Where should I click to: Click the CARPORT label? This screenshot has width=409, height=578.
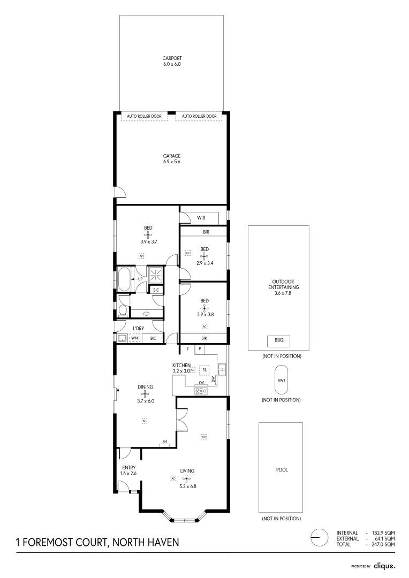point(172,58)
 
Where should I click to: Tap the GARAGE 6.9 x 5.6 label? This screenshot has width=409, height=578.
point(172,158)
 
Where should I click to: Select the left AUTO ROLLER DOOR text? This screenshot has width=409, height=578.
point(144,116)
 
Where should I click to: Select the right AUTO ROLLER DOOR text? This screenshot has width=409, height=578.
point(199,116)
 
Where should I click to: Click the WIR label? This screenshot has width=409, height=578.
point(201,218)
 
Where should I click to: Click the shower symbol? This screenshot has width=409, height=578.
point(156,274)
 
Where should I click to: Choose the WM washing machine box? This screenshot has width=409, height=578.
point(134,338)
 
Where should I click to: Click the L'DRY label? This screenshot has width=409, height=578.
point(138,329)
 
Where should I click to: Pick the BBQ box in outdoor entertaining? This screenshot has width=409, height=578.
point(279,341)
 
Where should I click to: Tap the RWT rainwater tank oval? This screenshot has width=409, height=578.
point(282,381)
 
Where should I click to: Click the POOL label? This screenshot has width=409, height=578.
point(282,470)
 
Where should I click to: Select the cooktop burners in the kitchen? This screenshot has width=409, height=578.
point(201,391)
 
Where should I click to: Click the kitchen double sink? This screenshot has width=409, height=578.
point(222,369)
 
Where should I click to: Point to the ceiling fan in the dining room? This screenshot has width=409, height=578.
point(145,394)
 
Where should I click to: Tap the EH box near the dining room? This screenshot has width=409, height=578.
point(164,443)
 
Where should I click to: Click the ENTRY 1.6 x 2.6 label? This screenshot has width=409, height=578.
point(128,470)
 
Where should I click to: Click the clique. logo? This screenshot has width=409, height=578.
point(384,566)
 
